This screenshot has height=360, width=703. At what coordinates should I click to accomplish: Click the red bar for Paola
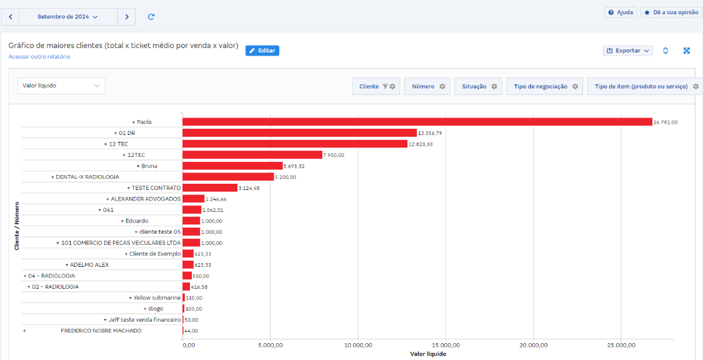[417, 122]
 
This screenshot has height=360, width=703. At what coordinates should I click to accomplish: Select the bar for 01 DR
[299, 133]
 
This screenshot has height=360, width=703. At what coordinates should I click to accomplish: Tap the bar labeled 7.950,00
[252, 155]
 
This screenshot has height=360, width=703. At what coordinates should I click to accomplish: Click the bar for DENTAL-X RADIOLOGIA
[228, 177]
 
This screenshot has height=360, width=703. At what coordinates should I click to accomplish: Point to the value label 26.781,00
[666, 122]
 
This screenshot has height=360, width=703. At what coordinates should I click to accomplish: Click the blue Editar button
[262, 51]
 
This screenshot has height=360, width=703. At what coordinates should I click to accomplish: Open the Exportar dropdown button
[628, 51]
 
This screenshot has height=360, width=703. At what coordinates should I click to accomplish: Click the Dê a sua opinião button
[671, 12]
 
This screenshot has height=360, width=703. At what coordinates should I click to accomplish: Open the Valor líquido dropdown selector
[61, 86]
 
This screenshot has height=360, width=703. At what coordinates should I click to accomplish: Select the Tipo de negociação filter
[546, 86]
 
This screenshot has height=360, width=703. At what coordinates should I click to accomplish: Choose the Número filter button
[428, 86]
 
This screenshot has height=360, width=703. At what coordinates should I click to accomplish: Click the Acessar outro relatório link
[39, 57]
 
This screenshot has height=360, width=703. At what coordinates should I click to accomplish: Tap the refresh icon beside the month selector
[151, 17]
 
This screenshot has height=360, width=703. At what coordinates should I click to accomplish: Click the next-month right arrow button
[127, 17]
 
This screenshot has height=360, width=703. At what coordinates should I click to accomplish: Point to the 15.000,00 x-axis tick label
[446, 345]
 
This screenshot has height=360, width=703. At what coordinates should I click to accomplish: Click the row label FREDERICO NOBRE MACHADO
[101, 331]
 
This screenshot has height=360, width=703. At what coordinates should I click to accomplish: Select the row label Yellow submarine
[157, 297]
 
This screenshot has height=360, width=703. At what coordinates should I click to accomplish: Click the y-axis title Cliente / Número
[17, 226]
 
